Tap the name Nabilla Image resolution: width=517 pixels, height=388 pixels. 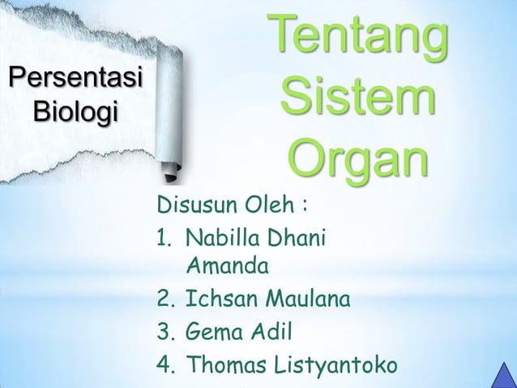click(222, 239)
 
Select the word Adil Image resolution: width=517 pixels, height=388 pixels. click(271, 333)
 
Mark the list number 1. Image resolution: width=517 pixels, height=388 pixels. click(164, 239)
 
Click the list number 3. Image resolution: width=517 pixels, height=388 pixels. click(165, 333)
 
